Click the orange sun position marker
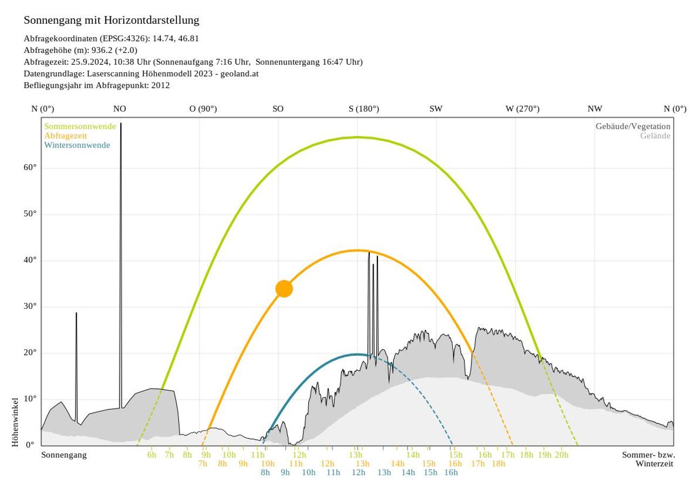coord(284,289)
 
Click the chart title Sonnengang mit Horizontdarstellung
coord(111,21)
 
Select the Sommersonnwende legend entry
coord(80,126)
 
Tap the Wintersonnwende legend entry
coord(77,145)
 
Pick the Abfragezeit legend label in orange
coord(65,136)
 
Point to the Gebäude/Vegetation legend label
coord(633,126)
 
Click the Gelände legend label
coord(655,136)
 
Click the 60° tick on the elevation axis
coord(30,167)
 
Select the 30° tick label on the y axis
coord(30,306)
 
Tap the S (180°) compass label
coord(364,109)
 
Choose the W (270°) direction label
coord(522,109)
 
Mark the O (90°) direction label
coord(203,109)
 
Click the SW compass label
coord(436,109)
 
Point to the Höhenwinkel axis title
coord(15,422)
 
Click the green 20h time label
coord(561,455)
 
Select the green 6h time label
coord(152,455)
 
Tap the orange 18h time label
coord(498,464)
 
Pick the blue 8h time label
coord(265,472)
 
